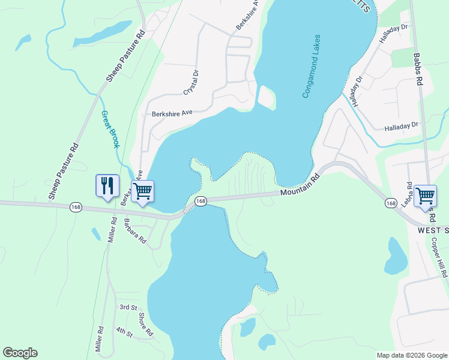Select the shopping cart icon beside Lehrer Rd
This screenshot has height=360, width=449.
click(x=425, y=196)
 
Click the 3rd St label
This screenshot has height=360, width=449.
click(x=128, y=307)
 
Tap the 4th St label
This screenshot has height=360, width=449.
click(x=124, y=331)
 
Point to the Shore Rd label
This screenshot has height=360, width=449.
click(x=145, y=325)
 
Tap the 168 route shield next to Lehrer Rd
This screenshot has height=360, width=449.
click(x=391, y=204)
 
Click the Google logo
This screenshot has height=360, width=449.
click(x=20, y=353)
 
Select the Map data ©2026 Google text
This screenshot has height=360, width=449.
click(x=412, y=355)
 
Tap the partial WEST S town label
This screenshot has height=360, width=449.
click(x=433, y=230)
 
